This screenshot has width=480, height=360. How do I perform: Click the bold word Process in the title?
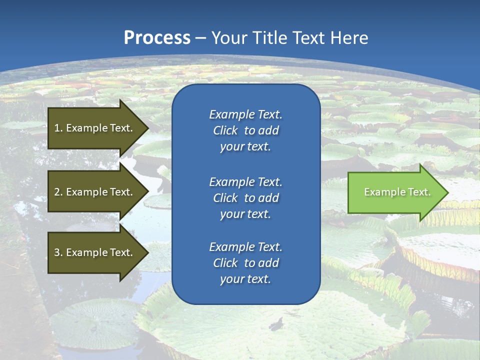tap(157, 38)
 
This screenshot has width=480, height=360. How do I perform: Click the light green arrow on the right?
tap(395, 192)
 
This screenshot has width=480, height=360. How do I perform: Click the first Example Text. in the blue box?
tap(245, 114)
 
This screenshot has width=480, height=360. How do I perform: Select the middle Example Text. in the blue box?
tap(245, 181)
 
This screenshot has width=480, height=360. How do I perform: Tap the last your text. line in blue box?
tap(245, 279)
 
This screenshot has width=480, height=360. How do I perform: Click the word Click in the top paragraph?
tap(225, 130)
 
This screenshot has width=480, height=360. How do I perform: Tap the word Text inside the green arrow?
tap(419, 192)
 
